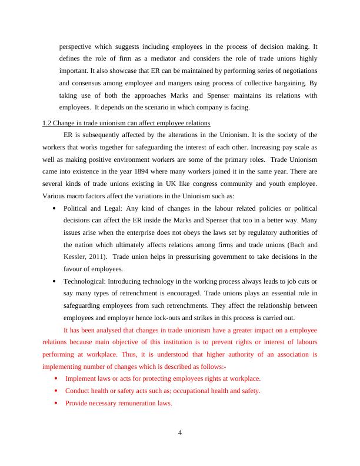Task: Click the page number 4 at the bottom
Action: click(180, 434)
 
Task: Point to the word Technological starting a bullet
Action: click(85, 281)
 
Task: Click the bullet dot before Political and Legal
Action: click(55, 208)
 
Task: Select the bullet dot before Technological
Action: click(55, 281)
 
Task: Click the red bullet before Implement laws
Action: click(55, 378)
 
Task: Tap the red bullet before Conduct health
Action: click(55, 391)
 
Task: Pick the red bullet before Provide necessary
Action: click(55, 403)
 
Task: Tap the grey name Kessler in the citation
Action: click(74, 257)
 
